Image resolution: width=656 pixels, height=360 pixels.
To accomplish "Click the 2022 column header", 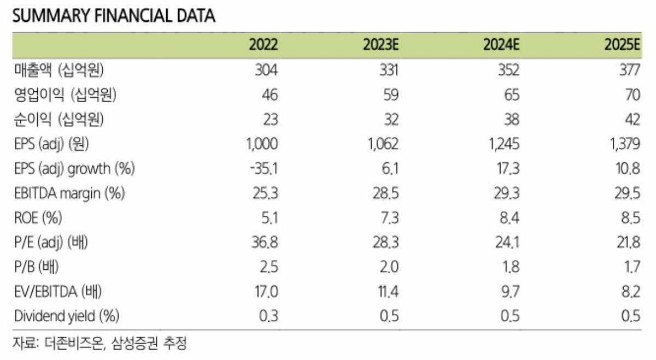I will pos(263,45).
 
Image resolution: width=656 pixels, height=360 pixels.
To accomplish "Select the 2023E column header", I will pos(380,45).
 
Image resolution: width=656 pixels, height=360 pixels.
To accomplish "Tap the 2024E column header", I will pos(501,45).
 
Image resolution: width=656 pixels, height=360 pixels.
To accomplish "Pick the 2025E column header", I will pos(622,45).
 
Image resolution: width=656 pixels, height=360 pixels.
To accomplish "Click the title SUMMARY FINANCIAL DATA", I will pos(113,16).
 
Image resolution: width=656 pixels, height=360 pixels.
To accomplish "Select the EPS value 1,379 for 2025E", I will pos(623,144).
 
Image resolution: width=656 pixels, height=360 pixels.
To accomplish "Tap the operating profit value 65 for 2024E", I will pos(512,95).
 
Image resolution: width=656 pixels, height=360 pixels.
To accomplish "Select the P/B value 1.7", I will pos(631,267).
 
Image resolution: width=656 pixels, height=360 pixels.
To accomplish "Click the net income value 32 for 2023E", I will pos(391,119).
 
